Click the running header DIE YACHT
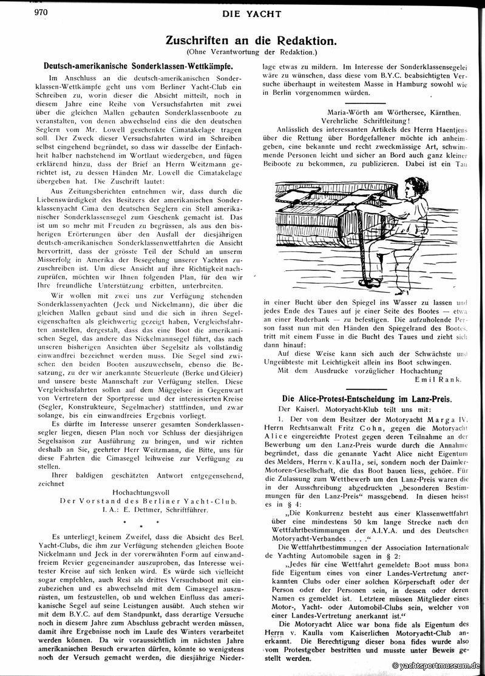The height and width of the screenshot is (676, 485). [242, 13]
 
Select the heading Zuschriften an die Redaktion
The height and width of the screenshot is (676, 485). [249, 41]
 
